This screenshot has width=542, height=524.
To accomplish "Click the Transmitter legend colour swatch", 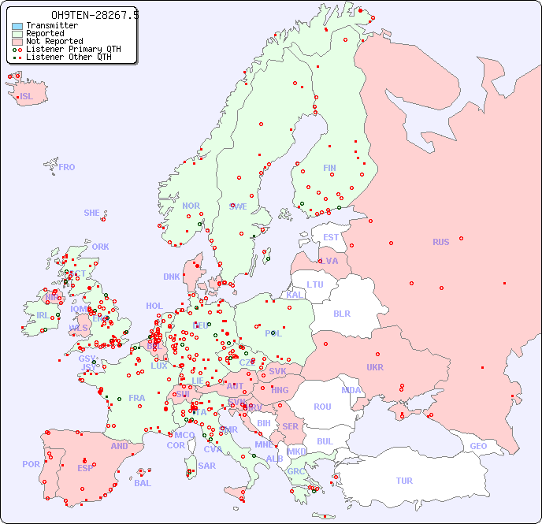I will click(x=17, y=26).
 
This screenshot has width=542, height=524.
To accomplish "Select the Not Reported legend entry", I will click(x=54, y=41).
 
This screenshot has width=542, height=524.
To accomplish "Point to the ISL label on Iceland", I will click(x=26, y=97).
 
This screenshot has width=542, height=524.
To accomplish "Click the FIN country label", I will click(x=329, y=168).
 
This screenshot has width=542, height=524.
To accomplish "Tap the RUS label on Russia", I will click(x=440, y=242).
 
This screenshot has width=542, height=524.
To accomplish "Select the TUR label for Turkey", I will click(x=404, y=481).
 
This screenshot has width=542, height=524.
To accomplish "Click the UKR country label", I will click(x=374, y=367).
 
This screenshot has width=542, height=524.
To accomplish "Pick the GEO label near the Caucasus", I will click(x=478, y=446).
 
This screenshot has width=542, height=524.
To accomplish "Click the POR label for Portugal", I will click(x=31, y=464).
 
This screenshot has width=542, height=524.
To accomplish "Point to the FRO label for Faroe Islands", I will click(x=67, y=167).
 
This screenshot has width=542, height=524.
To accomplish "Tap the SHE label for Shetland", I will click(x=92, y=213).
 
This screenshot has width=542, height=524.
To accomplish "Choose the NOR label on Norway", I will click(x=191, y=206).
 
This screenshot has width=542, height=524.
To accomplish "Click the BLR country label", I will click(x=341, y=313).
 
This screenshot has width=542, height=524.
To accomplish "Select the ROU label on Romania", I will click(x=322, y=407).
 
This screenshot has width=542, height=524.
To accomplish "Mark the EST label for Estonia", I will click(x=331, y=237).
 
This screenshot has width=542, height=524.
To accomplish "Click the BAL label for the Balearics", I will click(x=142, y=483).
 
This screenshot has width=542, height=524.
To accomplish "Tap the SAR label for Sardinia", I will click(x=206, y=466).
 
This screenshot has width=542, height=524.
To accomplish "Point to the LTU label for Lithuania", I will click(x=315, y=284).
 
